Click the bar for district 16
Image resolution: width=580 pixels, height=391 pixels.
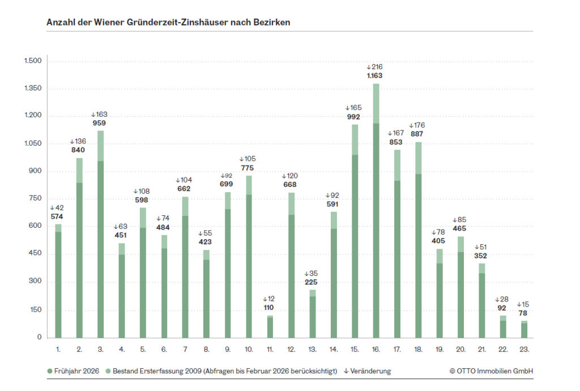[x=376, y=227]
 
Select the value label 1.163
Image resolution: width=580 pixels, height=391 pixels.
[x=374, y=75]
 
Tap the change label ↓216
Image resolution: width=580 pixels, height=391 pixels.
[x=374, y=67]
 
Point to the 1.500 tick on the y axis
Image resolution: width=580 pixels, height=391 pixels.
[x=32, y=61]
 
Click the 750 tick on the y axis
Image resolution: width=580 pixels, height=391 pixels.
[x=36, y=199]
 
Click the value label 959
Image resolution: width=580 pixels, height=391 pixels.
[x=100, y=123]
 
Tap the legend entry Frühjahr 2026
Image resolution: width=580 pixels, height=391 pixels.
[x=73, y=371]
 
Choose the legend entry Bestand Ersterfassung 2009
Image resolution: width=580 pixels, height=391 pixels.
[x=221, y=371]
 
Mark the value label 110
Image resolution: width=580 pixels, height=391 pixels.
[x=270, y=308]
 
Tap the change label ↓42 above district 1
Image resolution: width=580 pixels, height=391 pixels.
[x=57, y=207]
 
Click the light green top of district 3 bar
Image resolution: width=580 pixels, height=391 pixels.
[x=100, y=146]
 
